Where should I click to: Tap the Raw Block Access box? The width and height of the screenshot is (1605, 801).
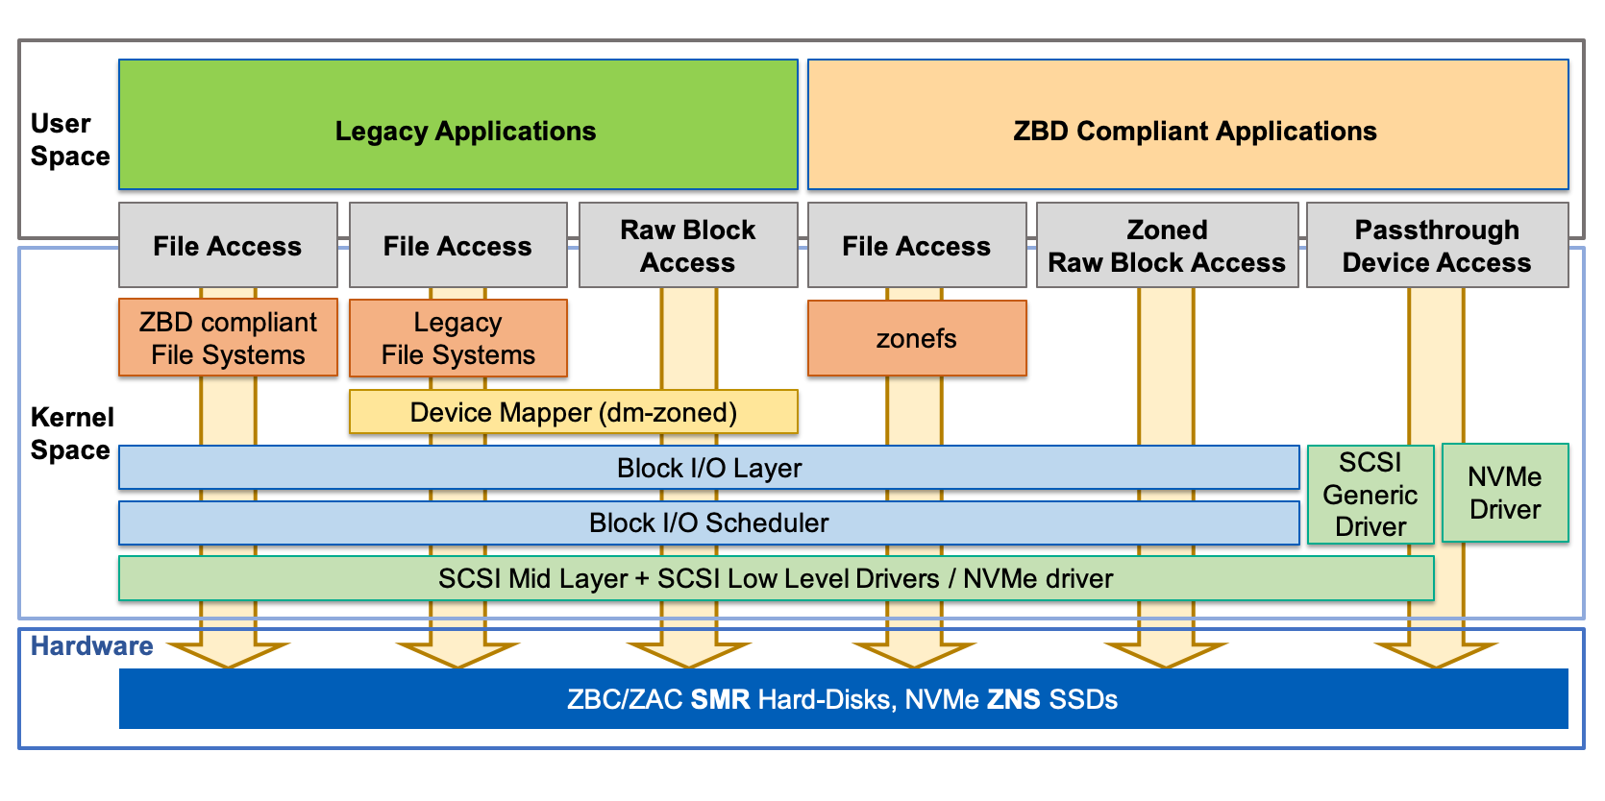tap(688, 245)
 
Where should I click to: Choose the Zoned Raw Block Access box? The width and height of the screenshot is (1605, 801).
tap(1167, 245)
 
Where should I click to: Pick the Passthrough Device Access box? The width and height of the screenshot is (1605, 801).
tap(1437, 245)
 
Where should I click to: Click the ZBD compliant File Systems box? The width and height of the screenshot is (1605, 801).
tap(228, 337)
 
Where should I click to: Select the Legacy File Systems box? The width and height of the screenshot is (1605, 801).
tap(458, 337)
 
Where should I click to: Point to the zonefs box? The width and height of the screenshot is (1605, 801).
tap(917, 338)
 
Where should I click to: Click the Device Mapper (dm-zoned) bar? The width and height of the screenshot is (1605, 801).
tap(573, 412)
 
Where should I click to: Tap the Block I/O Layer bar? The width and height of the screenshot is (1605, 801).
tap(708, 468)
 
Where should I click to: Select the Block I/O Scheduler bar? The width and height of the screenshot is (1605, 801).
tap(708, 522)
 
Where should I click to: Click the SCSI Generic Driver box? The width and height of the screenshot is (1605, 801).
tap(1370, 495)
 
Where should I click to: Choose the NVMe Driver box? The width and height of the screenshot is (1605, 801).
tap(1505, 493)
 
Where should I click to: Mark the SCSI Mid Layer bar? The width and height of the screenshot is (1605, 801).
tap(776, 578)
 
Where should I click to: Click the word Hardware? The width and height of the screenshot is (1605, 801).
tap(92, 645)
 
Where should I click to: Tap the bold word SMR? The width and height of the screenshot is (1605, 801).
tap(720, 699)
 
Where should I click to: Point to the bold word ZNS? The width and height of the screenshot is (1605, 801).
tap(1013, 699)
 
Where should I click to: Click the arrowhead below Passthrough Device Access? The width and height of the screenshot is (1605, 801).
tap(1436, 654)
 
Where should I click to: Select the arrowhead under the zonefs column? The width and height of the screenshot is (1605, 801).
tap(915, 654)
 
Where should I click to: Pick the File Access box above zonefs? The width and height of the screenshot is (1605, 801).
tap(917, 245)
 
